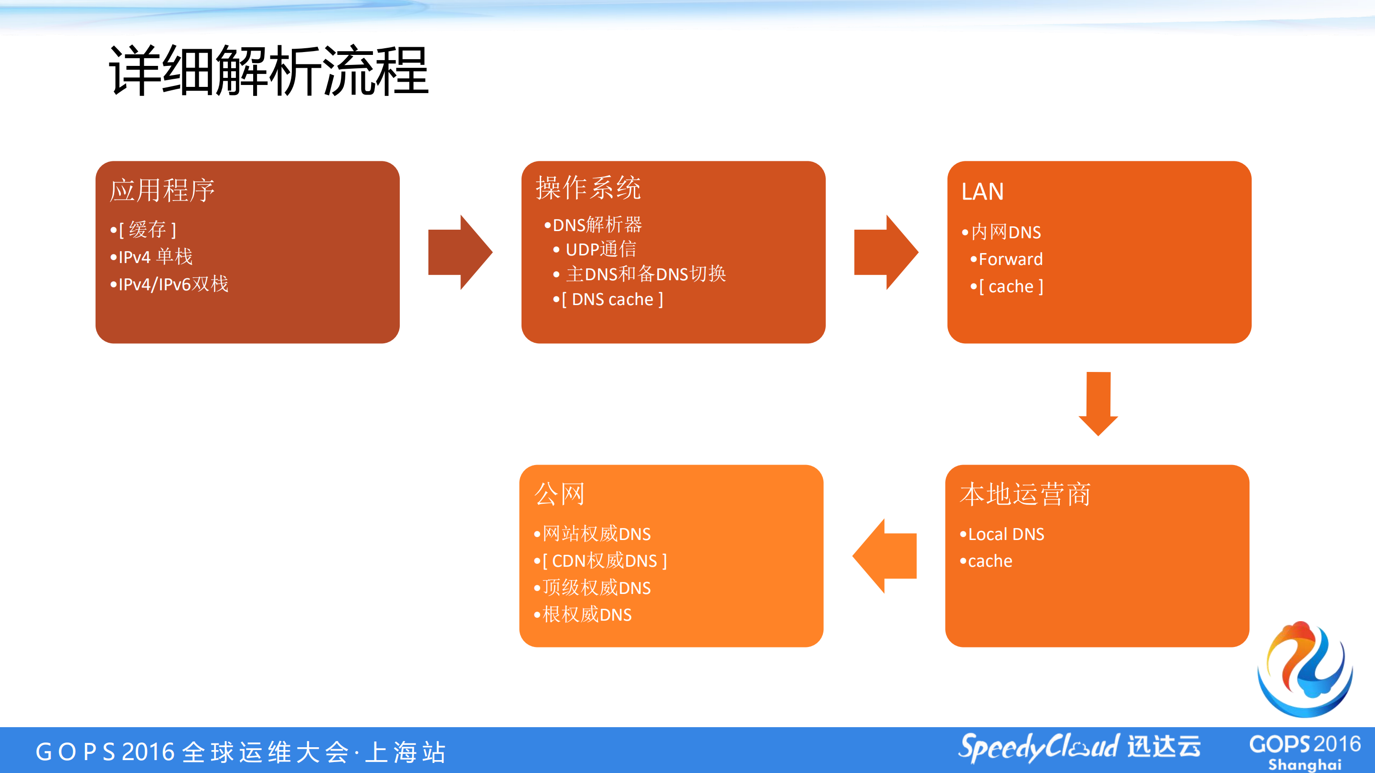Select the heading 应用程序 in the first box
click(162, 191)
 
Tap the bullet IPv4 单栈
click(155, 256)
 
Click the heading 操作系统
click(588, 188)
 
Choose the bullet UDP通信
click(600, 249)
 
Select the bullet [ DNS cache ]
click(612, 299)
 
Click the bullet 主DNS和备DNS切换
click(645, 274)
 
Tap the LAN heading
click(982, 191)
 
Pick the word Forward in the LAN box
click(1010, 259)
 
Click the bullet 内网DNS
click(1006, 232)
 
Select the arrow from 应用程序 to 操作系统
click(459, 252)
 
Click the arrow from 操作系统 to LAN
click(885, 252)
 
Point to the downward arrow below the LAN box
click(1098, 404)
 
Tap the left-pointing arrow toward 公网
click(885, 556)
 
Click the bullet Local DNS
click(1006, 534)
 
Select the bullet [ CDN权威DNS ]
click(604, 561)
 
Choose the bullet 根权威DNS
click(586, 614)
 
